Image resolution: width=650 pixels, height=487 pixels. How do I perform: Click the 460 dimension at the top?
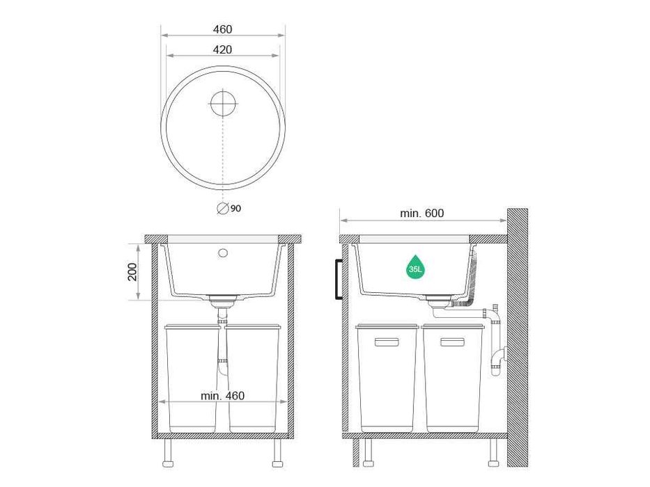(x=223, y=29)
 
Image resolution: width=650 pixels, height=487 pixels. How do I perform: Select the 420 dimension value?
(x=223, y=49)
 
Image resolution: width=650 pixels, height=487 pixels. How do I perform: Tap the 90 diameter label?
(x=235, y=208)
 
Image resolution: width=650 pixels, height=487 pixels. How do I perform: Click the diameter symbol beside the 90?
(x=223, y=208)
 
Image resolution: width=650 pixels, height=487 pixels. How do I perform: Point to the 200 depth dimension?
(x=132, y=271)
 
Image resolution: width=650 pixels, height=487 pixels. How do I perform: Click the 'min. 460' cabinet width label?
(x=223, y=396)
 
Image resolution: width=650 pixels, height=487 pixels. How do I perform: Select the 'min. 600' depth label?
(x=421, y=214)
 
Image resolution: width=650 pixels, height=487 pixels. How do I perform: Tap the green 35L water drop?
(x=415, y=267)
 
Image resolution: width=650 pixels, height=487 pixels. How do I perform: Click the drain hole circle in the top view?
(x=223, y=103)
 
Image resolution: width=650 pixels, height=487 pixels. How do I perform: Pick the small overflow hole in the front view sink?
(x=223, y=253)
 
